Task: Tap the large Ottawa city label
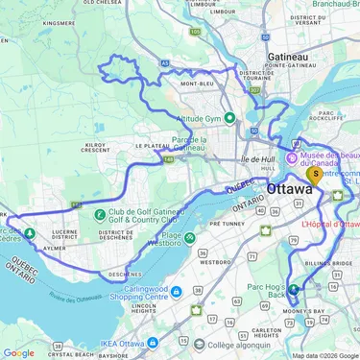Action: (x=291, y=190)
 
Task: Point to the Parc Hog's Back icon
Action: (x=294, y=288)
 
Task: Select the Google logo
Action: (x=19, y=353)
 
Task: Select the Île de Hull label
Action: (x=258, y=158)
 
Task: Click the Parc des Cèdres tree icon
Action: (x=30, y=232)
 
